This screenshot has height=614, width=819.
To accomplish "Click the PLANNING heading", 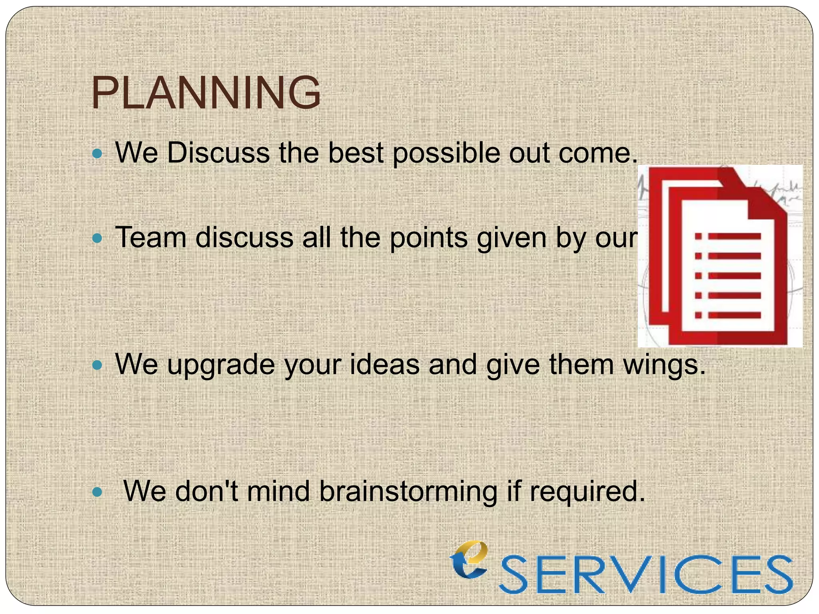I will (206, 93).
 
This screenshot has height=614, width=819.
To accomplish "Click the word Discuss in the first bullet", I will (218, 153).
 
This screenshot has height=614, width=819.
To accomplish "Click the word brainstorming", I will (408, 492).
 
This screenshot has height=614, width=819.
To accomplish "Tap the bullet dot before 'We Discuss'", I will (97, 153).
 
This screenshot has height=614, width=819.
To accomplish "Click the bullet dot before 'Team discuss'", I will (97, 239).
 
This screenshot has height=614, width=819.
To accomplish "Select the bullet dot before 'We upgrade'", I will (97, 365).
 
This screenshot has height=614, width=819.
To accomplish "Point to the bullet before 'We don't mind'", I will (97, 492).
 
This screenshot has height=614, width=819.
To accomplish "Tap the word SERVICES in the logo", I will (645, 574).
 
